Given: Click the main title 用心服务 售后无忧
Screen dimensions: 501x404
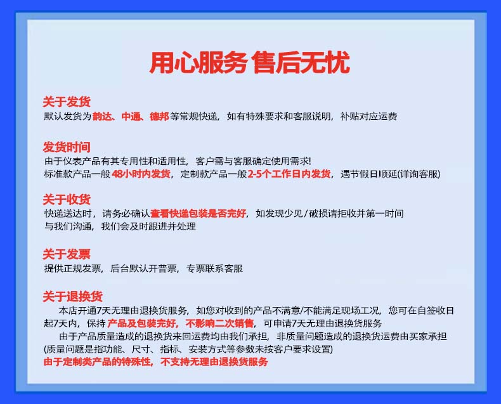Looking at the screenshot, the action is pos(250,63).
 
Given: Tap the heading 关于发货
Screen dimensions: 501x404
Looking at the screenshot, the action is pos(67,102).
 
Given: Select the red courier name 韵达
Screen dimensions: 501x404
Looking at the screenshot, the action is pos(102,116).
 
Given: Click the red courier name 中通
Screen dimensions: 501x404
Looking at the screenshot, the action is pos(131,116).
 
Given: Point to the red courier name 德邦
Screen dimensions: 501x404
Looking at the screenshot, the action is pos(159,116).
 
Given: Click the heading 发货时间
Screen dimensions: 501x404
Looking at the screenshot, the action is pos(67,147).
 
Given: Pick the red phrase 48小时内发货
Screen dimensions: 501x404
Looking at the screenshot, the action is pos(141,174).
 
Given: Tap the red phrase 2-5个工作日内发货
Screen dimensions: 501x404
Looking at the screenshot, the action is pos(289,174).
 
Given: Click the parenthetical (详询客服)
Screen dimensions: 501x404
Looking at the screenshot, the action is pos(419,174).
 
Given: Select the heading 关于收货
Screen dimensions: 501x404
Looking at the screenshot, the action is pos(67,199).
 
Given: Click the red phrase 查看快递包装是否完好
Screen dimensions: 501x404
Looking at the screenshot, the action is pos(198,214).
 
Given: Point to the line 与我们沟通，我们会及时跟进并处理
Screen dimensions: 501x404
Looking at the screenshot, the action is pos(120,226).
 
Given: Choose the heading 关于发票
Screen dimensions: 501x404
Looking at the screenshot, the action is pos(67,254).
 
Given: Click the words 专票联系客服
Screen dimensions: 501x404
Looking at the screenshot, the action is pos(215,268).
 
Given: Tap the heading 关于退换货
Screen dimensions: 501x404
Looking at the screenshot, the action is pos(72,297).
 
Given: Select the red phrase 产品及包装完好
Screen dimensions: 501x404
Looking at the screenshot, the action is pos(142,323).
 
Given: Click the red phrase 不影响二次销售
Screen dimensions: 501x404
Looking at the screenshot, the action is pos(219,323).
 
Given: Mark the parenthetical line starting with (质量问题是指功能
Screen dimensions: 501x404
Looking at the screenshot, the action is pos(188,349).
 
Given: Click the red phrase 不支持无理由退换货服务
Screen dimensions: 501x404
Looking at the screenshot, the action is pos(214,362).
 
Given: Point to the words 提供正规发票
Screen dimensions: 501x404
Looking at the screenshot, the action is pos(73,268).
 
